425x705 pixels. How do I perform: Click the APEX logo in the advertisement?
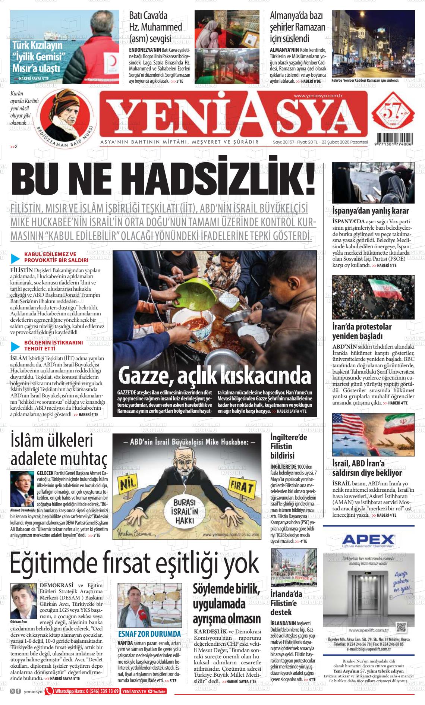368,539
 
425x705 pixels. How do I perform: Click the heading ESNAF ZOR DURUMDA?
149,634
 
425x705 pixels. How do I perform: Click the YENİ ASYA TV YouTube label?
144,691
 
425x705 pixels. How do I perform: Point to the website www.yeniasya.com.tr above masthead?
318,96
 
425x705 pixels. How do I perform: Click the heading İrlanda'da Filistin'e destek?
286,603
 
